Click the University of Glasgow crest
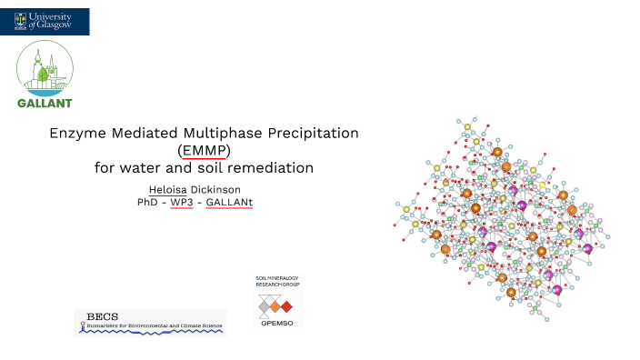click(x=20, y=21)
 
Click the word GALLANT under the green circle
click(x=45, y=102)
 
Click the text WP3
click(x=182, y=201)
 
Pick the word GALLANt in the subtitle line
click(x=229, y=201)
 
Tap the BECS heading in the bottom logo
click(x=96, y=316)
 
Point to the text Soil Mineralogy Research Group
click(x=277, y=282)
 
